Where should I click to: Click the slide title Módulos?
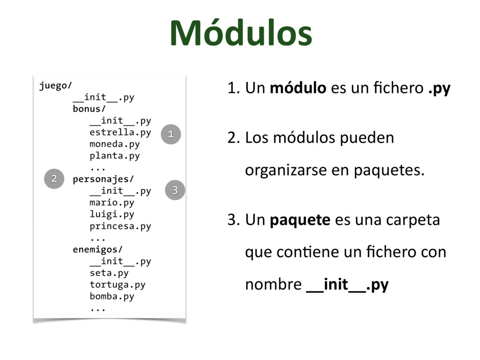[240, 34]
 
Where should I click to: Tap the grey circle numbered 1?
[171, 134]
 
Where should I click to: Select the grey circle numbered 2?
[54, 179]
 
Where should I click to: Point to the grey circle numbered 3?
[175, 190]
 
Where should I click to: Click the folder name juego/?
[55, 86]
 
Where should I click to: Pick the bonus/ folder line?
[87, 109]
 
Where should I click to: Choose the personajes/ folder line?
[103, 179]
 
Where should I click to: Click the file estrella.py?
[120, 132]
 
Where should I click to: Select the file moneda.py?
[114, 144]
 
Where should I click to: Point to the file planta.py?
[114, 156]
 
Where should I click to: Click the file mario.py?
[112, 202]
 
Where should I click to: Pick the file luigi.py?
[112, 214]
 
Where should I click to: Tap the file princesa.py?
[120, 226]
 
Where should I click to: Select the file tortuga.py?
[117, 285]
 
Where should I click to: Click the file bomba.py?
[112, 296]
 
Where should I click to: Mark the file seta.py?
[109, 273]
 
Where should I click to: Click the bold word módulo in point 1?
[298, 88]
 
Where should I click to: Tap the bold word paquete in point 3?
[300, 220]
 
